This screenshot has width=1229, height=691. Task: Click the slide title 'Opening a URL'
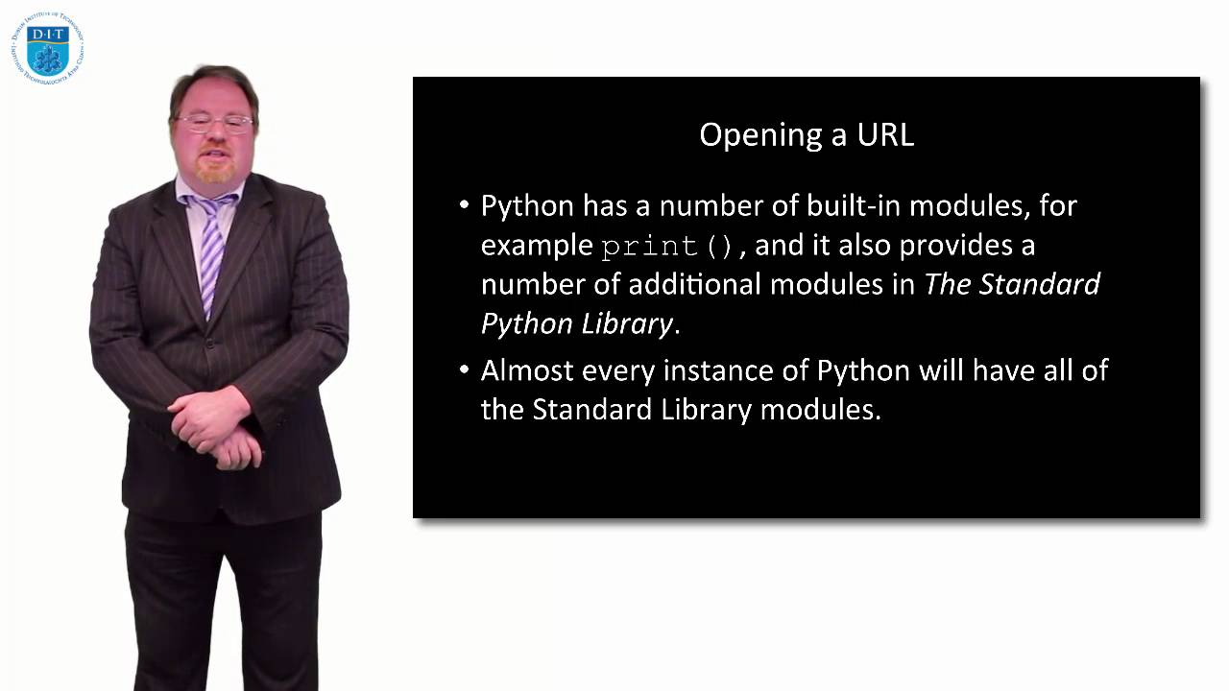[806, 134]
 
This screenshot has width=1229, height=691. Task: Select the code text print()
[667, 247]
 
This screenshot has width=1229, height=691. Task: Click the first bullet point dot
[465, 205]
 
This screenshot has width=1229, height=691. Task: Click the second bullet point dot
[465, 370]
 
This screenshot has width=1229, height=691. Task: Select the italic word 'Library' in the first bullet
[626, 324]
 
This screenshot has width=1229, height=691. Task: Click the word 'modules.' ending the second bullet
[820, 410]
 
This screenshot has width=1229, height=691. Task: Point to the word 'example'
[537, 247]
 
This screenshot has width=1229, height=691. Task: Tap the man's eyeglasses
[213, 123]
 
